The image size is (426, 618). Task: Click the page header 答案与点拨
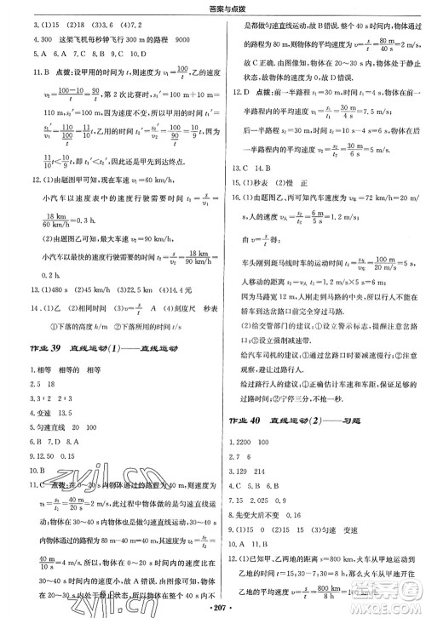click(x=213, y=8)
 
